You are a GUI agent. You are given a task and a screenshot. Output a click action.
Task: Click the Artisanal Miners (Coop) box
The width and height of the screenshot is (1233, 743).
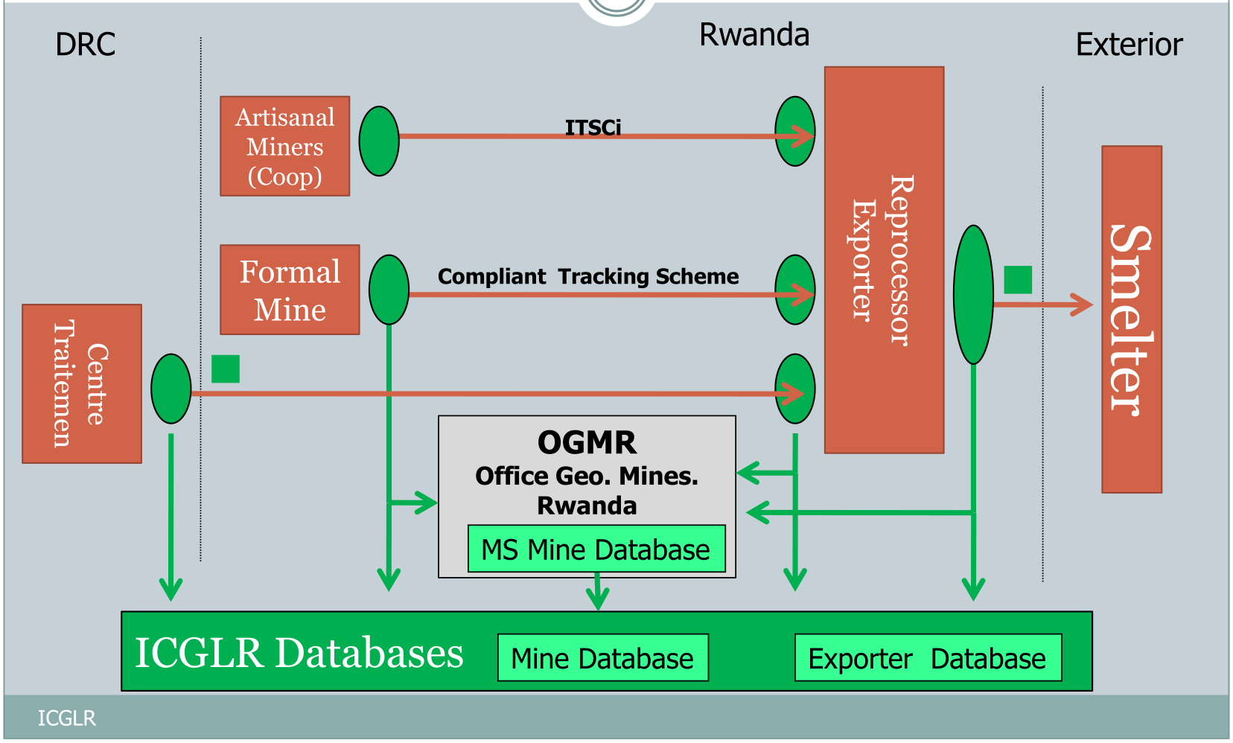point(284,146)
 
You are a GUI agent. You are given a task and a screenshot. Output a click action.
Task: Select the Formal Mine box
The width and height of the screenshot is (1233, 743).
point(290,290)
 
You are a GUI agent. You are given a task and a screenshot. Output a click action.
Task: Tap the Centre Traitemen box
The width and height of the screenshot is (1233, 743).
point(82,383)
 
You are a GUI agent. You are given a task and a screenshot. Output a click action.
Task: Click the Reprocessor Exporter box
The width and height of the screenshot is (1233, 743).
point(884,260)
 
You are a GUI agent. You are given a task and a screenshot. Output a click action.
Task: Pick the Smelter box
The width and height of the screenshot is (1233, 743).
point(1131,319)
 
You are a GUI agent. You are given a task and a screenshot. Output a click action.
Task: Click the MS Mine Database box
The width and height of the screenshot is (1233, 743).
point(596,549)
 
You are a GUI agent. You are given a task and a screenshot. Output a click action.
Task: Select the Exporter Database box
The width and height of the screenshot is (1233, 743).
point(928,658)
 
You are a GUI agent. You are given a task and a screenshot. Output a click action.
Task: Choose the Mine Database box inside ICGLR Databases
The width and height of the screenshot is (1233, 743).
point(602,658)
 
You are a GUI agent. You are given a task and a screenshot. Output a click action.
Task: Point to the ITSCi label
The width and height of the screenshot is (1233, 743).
point(593,127)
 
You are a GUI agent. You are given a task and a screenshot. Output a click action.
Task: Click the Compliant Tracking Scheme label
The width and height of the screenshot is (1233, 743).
point(588,276)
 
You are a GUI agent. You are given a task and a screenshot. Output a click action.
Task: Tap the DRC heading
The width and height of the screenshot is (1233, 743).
point(86,45)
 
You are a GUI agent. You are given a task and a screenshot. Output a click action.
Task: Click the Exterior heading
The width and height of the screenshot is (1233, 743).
point(1129,45)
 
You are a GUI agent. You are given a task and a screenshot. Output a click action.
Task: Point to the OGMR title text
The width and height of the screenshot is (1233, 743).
point(587,443)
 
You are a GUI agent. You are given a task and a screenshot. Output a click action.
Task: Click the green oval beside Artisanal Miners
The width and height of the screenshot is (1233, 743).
point(379,141)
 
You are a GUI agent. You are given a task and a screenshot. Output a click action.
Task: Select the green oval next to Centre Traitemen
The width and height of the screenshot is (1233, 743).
point(171,389)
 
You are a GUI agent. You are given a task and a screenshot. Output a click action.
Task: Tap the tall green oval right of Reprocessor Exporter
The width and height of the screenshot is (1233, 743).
point(973,295)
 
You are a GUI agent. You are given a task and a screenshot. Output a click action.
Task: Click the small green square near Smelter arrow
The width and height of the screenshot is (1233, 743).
point(1018,280)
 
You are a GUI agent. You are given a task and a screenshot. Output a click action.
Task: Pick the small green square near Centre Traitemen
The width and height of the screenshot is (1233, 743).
point(226,369)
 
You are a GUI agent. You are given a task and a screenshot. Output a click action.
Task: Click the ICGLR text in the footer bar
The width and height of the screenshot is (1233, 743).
point(67,718)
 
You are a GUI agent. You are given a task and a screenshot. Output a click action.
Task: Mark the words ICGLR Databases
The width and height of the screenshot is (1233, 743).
point(299,653)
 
